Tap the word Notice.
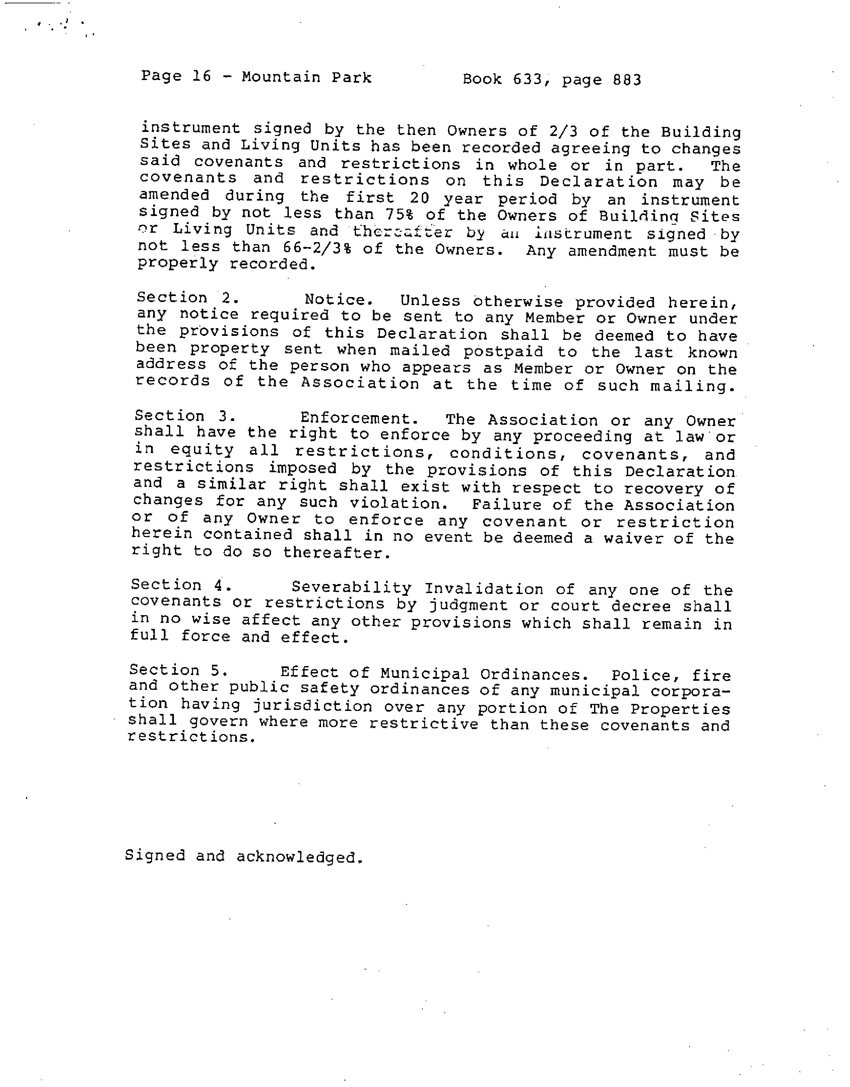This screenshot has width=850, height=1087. click(x=339, y=300)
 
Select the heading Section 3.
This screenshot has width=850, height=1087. click(x=185, y=416)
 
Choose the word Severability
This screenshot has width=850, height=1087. click(x=351, y=587)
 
